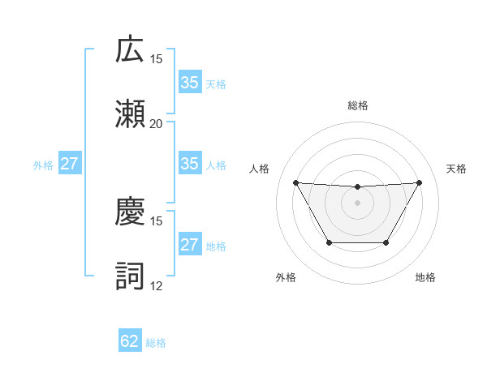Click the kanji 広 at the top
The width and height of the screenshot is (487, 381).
click(x=130, y=50)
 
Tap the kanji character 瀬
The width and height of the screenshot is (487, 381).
click(x=130, y=114)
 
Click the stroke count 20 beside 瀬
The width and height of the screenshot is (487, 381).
click(x=156, y=124)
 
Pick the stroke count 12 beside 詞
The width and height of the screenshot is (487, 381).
click(x=156, y=285)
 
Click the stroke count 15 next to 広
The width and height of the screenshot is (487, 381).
click(x=156, y=59)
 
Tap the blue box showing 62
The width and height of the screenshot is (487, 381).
click(x=130, y=341)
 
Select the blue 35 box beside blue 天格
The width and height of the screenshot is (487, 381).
click(x=189, y=83)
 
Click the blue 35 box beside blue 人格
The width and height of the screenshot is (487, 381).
click(x=189, y=164)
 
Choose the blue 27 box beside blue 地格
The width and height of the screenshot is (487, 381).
click(x=189, y=245)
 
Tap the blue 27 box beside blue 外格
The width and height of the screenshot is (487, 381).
click(x=70, y=164)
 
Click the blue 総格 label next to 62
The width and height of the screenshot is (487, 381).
click(x=156, y=343)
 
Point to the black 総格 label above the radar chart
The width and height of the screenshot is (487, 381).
click(x=357, y=105)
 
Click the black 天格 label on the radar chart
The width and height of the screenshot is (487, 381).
click(x=456, y=169)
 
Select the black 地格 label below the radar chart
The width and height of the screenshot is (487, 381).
click(x=425, y=278)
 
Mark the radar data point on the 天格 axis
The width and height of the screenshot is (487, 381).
click(x=419, y=182)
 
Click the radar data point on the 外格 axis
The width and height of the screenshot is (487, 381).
click(x=328, y=242)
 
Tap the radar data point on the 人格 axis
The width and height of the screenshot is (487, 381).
click(x=295, y=182)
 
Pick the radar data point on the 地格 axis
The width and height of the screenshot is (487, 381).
click(x=386, y=242)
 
